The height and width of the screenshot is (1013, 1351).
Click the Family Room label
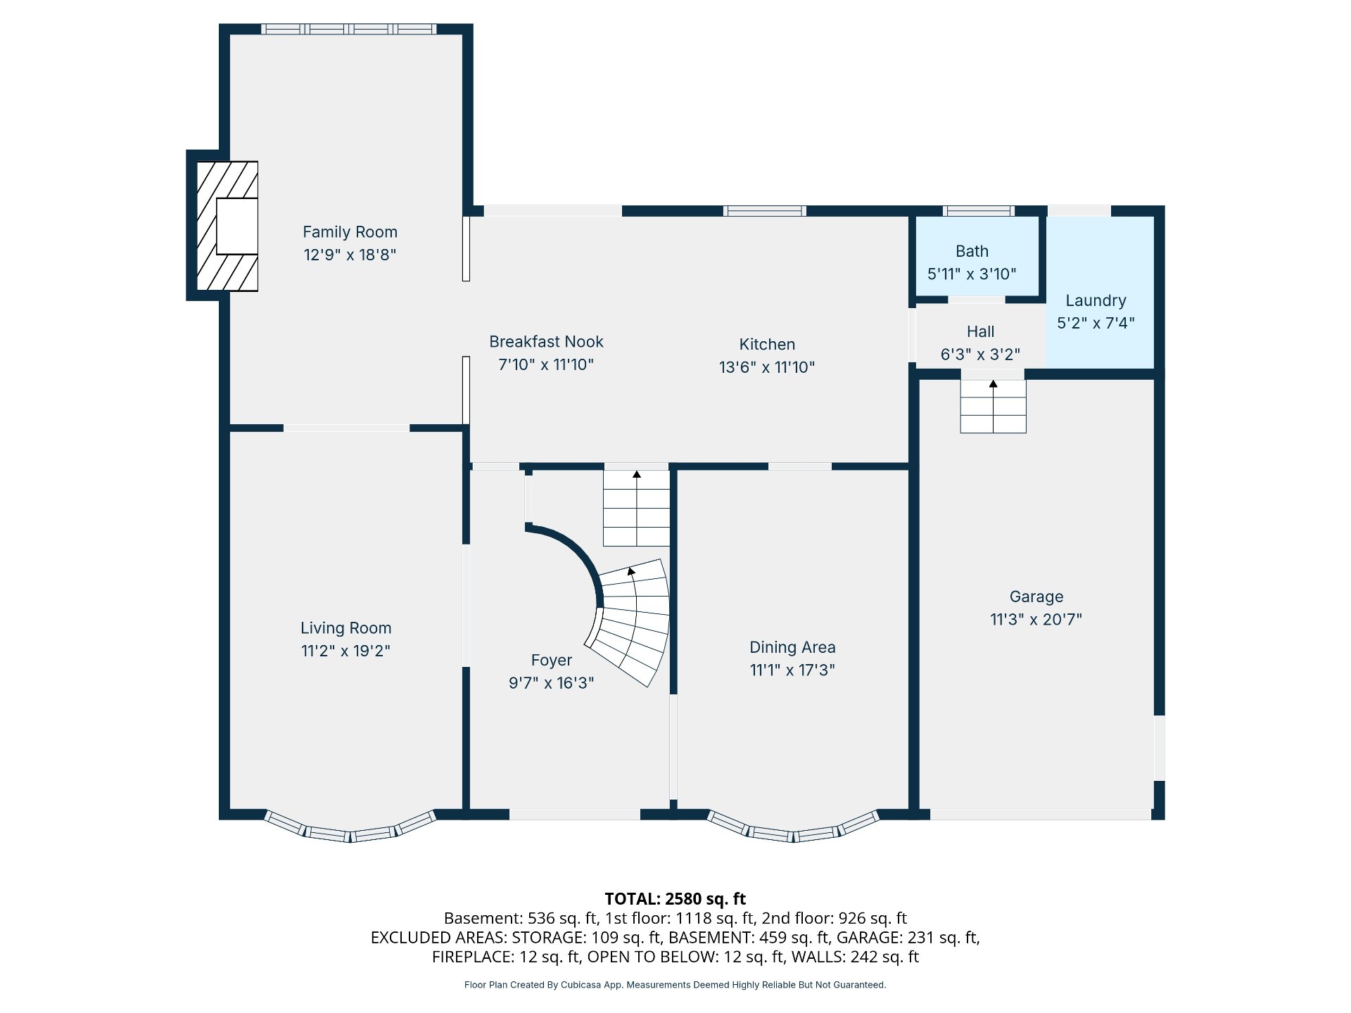pyautogui.click(x=350, y=232)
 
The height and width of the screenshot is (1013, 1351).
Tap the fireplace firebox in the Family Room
pyautogui.click(x=236, y=227)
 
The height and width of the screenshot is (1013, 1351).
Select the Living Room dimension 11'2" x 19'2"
pyautogui.click(x=345, y=651)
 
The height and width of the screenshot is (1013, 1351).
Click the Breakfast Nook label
pyautogui.click(x=546, y=342)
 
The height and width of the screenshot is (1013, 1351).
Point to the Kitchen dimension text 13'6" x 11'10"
pyautogui.click(x=767, y=367)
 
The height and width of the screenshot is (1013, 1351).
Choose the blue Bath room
pyautogui.click(x=977, y=256)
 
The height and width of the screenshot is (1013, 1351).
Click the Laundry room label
pyautogui.click(x=1096, y=301)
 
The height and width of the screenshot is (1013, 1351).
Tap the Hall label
pyautogui.click(x=980, y=331)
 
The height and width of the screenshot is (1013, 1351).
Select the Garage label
pyautogui.click(x=1036, y=597)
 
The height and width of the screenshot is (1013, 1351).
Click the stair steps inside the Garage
pyautogui.click(x=993, y=407)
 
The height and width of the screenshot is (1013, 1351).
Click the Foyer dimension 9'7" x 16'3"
pyautogui.click(x=551, y=683)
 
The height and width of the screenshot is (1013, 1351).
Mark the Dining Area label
pyautogui.click(x=792, y=647)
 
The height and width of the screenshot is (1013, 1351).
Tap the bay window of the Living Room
pyautogui.click(x=350, y=829)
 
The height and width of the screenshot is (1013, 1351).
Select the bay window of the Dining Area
pyautogui.click(x=793, y=829)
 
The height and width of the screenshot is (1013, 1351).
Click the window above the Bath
pyautogui.click(x=978, y=211)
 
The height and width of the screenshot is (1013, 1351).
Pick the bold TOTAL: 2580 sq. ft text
pyautogui.click(x=675, y=899)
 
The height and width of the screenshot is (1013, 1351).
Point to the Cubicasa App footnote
pyautogui.click(x=675, y=985)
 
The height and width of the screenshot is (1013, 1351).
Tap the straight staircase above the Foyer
pyautogui.click(x=636, y=508)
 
